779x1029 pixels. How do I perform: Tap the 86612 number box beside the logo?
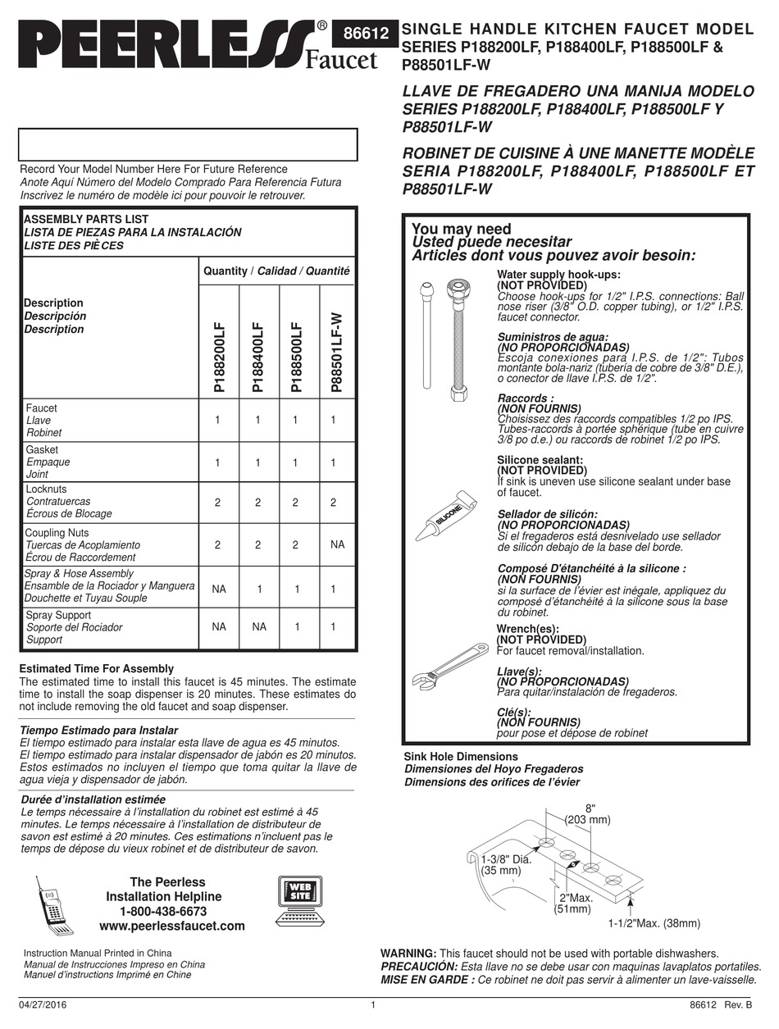[x=364, y=34]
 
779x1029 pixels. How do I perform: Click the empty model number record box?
[x=188, y=145]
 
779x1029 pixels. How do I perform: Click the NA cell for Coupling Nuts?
[x=333, y=544]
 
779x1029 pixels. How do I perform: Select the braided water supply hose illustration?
[x=457, y=341]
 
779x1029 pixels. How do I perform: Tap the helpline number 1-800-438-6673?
[x=163, y=911]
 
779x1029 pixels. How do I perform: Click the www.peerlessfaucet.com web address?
[x=171, y=926]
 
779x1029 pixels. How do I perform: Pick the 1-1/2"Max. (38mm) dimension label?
[x=654, y=923]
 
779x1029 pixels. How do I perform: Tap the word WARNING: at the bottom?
[x=408, y=954]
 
